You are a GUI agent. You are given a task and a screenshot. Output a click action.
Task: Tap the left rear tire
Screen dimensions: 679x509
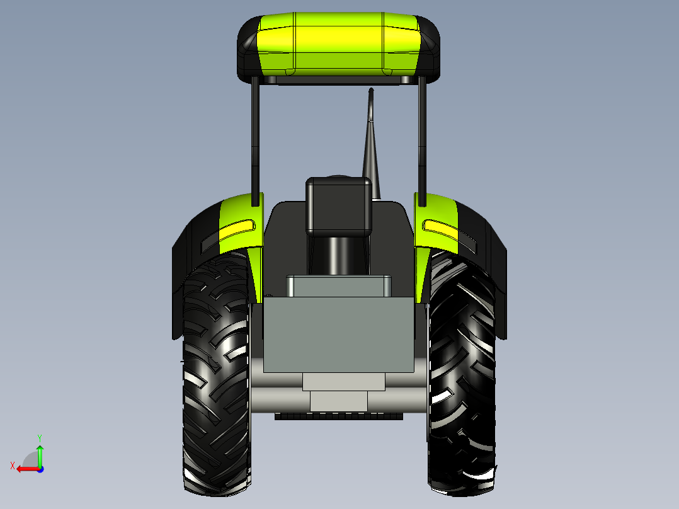click(217, 372)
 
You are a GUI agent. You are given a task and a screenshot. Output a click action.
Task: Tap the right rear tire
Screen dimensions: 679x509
click(462, 372)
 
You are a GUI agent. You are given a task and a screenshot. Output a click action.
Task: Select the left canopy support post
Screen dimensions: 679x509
click(256, 140)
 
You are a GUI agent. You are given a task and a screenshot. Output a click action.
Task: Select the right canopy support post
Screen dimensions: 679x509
click(422, 140)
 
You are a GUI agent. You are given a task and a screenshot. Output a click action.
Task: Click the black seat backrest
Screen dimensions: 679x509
click(339, 207)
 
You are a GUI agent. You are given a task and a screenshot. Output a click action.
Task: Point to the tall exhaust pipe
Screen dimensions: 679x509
click(372, 143)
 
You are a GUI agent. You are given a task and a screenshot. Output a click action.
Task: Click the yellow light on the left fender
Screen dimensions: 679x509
click(237, 231)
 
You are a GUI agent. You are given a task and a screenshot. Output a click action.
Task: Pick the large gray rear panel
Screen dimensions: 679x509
click(338, 335)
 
